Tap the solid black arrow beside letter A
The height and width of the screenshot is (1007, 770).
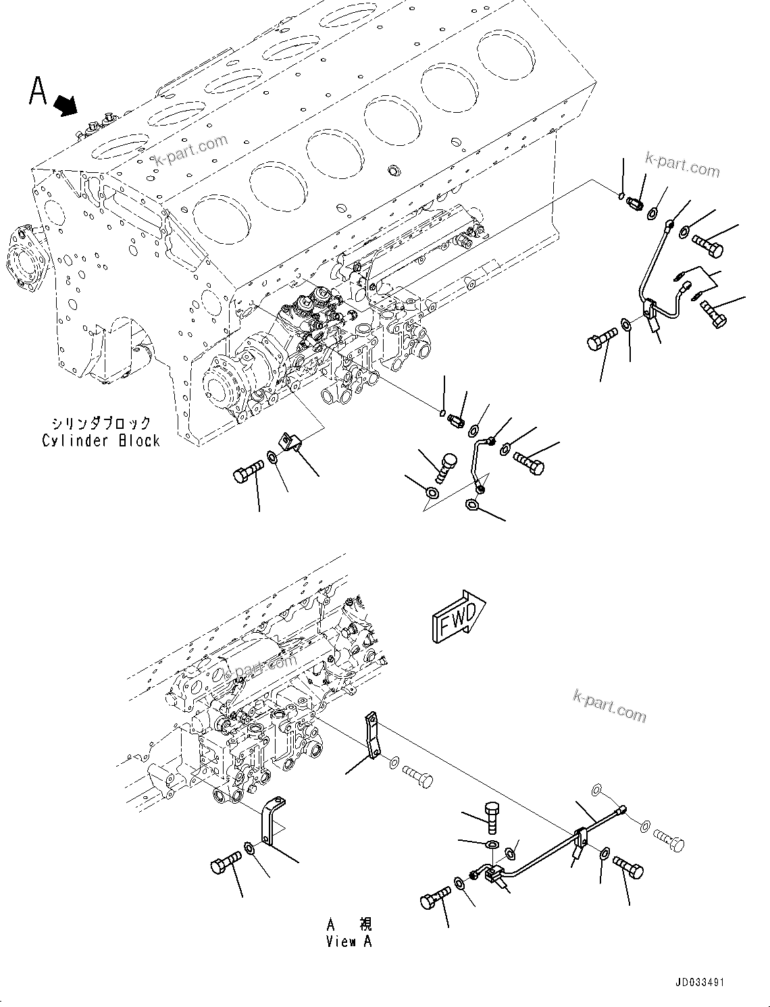66,104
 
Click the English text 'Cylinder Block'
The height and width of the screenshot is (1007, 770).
101,441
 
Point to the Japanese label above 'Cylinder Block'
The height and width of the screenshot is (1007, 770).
101,423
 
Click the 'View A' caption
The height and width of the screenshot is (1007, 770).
349,941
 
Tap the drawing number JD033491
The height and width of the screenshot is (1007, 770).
698,982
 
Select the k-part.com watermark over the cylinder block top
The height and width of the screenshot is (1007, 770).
192,151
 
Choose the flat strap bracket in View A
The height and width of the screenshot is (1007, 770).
372,736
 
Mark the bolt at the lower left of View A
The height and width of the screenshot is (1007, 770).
226,864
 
